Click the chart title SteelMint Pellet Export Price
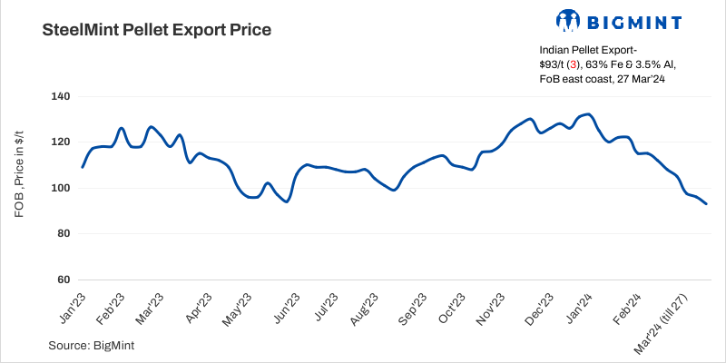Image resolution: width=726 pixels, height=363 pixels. point(157,30)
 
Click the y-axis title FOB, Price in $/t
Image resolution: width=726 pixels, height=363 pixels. point(19,188)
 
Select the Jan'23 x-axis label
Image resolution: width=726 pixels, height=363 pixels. point(73,309)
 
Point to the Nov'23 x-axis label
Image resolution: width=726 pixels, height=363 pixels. point(487,309)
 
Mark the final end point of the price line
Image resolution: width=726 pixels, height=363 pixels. point(706,204)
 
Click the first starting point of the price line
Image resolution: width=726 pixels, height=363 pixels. point(83,167)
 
